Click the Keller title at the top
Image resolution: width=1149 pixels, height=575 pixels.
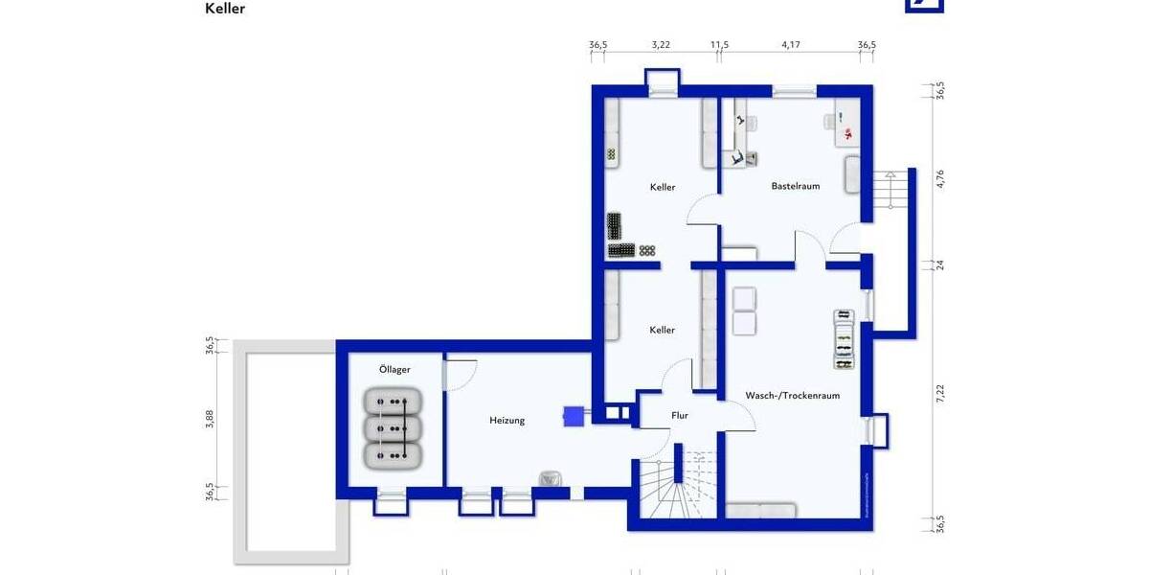click(x=225, y=9)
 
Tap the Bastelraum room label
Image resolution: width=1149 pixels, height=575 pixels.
click(x=796, y=186)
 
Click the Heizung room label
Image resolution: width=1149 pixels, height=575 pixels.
click(x=507, y=420)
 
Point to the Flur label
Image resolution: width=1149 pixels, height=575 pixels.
click(x=680, y=416)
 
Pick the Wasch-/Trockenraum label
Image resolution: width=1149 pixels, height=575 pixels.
click(x=792, y=395)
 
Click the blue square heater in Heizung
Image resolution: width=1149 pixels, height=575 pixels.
click(x=574, y=416)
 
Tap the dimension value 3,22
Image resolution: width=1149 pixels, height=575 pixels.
click(x=660, y=44)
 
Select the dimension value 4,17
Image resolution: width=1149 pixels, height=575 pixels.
click(x=790, y=44)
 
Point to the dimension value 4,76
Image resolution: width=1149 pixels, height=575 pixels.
click(x=940, y=179)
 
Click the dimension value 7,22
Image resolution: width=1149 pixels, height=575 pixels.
click(x=940, y=392)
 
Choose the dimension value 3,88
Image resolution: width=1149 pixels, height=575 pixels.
click(x=210, y=419)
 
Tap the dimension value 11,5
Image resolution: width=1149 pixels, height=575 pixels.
click(x=719, y=44)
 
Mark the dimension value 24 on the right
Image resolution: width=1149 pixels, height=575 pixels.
click(x=940, y=264)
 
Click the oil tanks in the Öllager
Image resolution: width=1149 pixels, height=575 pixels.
click(x=394, y=427)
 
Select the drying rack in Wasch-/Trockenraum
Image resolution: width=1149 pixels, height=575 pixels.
click(x=843, y=339)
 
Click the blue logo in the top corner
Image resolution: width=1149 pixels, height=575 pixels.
click(x=924, y=5)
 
